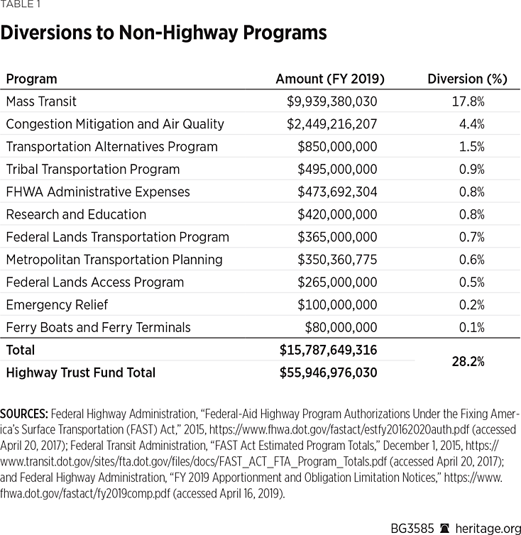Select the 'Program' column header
pyautogui.click(x=31, y=79)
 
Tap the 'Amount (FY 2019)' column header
pyautogui.click(x=329, y=79)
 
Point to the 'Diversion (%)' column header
pyautogui.click(x=467, y=79)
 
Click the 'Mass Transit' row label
pyautogui.click(x=41, y=101)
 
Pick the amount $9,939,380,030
pyautogui.click(x=331, y=101)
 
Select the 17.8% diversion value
pyautogui.click(x=468, y=101)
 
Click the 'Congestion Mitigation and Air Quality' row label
pyautogui.click(x=115, y=124)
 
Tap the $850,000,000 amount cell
pyautogui.click(x=337, y=147)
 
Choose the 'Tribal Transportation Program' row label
pyautogui.click(x=93, y=170)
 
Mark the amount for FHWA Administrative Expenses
pyautogui.click(x=337, y=192)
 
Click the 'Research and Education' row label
pyautogui.click(x=76, y=214)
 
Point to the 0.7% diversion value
pyautogui.click(x=471, y=237)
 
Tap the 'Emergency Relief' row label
pyautogui.click(x=57, y=305)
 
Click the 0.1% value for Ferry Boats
pyautogui.click(x=471, y=327)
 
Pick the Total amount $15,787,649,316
pyautogui.click(x=329, y=350)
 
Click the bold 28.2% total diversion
pyautogui.click(x=468, y=361)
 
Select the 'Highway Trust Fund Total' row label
pyautogui.click(x=80, y=373)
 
